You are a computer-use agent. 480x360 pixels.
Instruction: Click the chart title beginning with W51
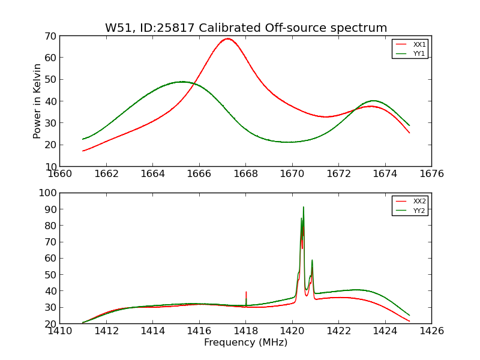coord(246,28)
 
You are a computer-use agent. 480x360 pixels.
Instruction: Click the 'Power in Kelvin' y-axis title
coord(37,101)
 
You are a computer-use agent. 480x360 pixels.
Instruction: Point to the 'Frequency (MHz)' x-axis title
coord(245,343)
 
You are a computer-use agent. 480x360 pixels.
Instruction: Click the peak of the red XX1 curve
coord(227,38)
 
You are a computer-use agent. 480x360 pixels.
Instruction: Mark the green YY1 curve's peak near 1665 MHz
coord(182,82)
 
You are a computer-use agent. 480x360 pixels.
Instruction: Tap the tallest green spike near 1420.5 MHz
coord(304,207)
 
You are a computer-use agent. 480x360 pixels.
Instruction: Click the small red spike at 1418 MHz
coord(246,292)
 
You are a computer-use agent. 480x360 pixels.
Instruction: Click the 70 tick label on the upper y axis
coord(50,36)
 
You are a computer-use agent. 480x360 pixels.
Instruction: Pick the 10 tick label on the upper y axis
coord(50,166)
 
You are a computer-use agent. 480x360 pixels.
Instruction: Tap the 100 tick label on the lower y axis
coord(47,193)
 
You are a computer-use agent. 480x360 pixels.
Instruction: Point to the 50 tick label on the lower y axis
coord(50,275)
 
